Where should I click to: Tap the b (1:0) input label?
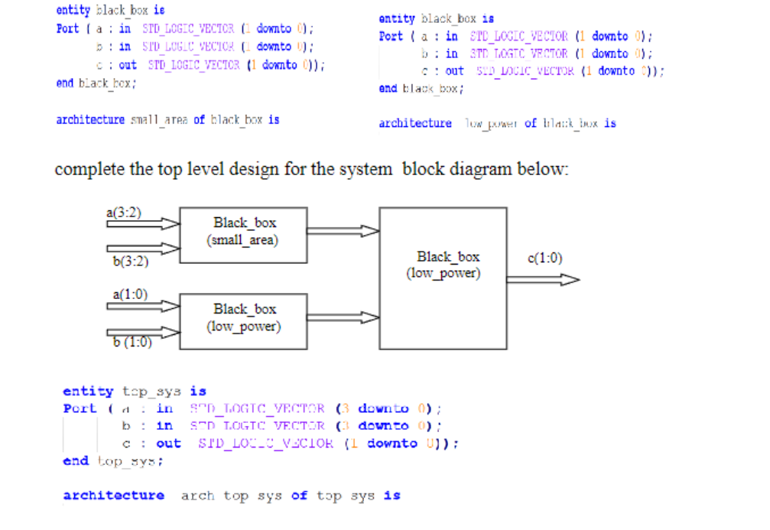click(x=132, y=342)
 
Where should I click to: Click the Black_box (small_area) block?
click(x=244, y=231)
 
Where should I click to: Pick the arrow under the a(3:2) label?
click(x=142, y=224)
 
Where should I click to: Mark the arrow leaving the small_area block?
click(x=343, y=231)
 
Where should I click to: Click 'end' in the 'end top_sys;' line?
click(x=75, y=461)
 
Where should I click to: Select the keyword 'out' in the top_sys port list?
click(x=168, y=444)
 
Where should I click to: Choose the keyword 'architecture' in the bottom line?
click(x=113, y=496)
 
